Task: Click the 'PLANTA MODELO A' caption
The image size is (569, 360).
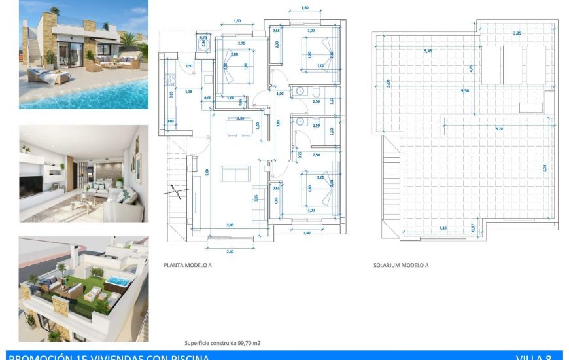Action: tap(188, 266)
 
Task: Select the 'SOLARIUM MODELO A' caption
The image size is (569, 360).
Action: tap(401, 266)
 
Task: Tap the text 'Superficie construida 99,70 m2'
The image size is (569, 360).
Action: tap(218, 342)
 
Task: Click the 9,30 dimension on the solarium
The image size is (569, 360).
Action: tap(465, 91)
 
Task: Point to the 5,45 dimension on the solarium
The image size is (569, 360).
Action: tap(428, 51)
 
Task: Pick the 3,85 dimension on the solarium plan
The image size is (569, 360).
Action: tap(517, 33)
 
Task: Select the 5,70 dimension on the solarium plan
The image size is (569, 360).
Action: tap(499, 129)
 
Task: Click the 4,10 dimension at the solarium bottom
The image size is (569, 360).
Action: tap(443, 228)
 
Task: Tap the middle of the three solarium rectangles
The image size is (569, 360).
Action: tap(513, 65)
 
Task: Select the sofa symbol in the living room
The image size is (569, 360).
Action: tap(235, 173)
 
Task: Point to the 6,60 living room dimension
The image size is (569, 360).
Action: tap(207, 171)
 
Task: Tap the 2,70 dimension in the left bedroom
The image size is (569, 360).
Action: tap(241, 43)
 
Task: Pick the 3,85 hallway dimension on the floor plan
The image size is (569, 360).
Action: tap(278, 122)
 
